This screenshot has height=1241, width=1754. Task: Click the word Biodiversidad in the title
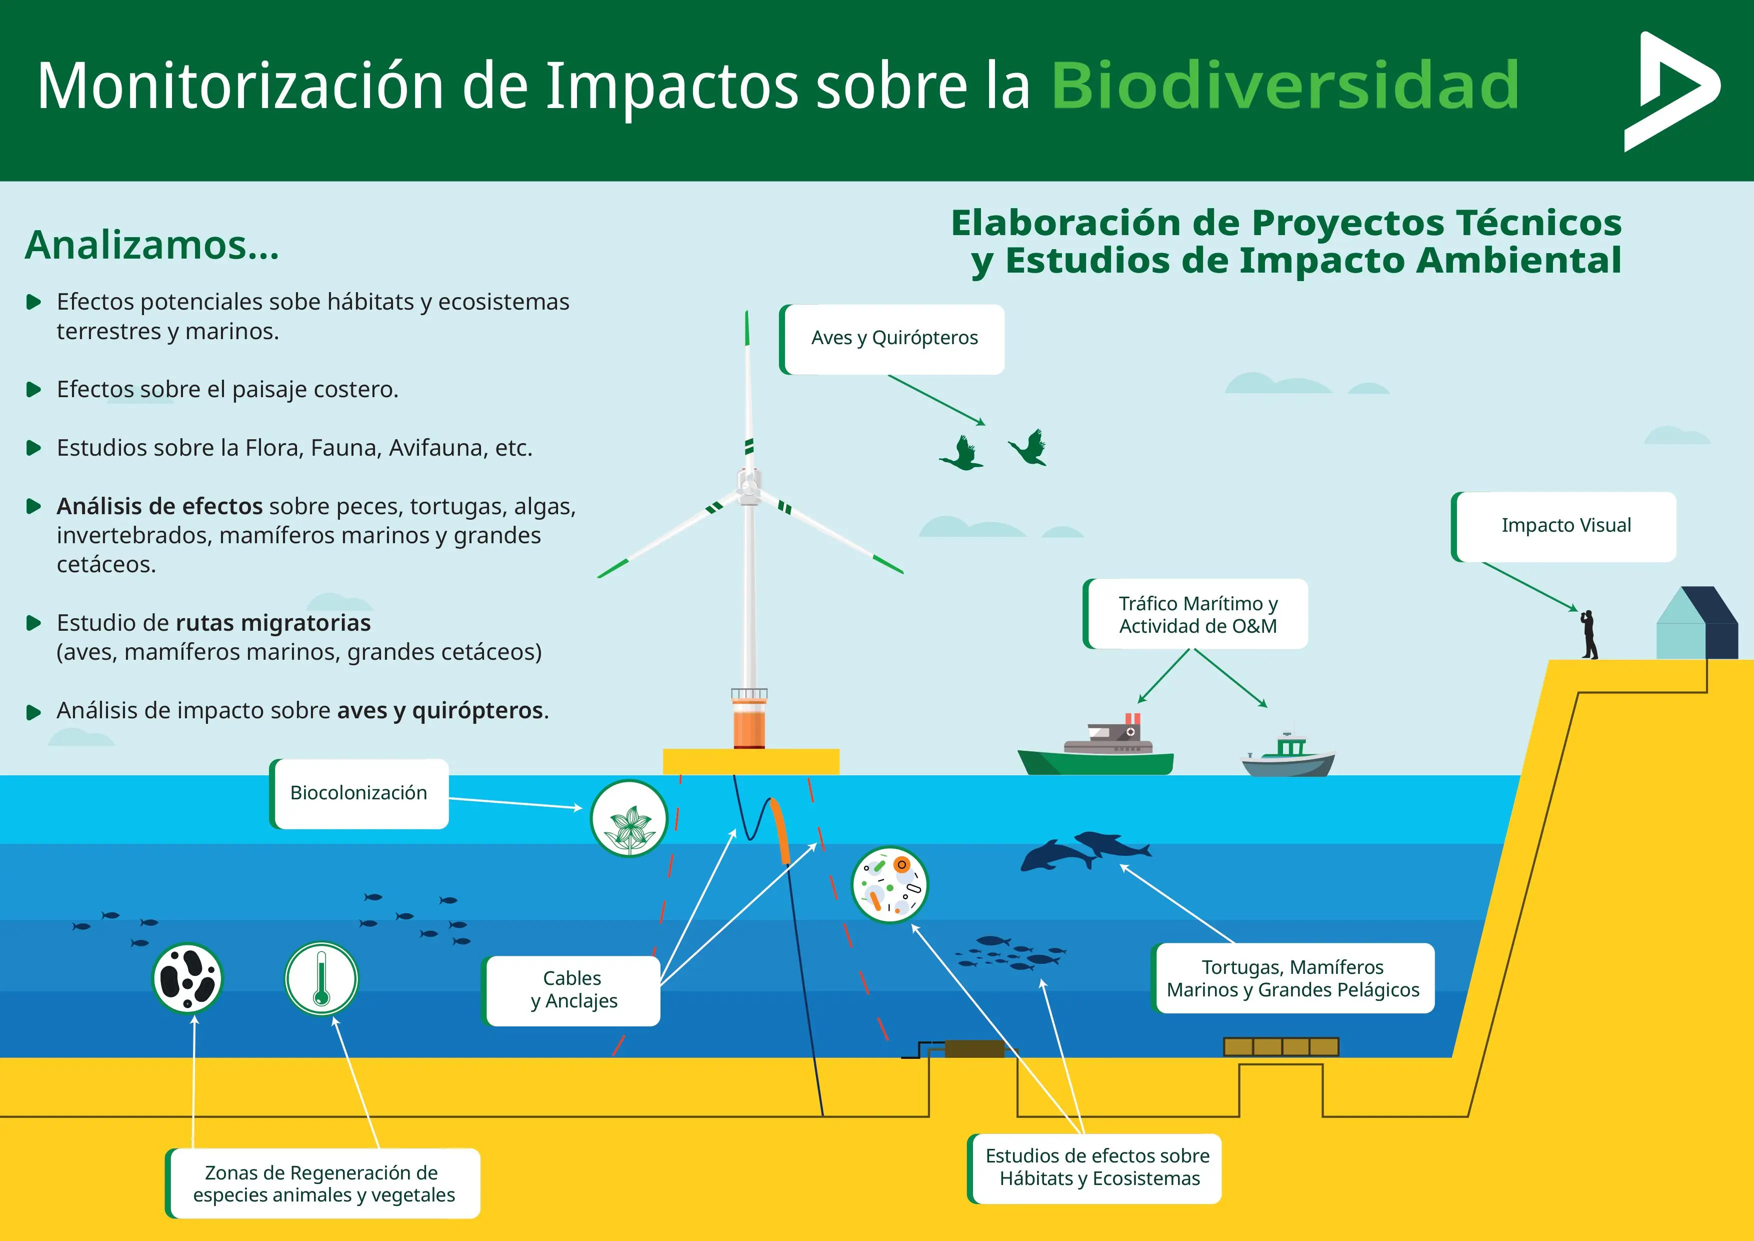1285,86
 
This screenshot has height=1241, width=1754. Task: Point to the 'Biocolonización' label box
359,793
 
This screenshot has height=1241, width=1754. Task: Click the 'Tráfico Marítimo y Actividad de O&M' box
1196,614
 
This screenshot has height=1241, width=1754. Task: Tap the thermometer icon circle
321,978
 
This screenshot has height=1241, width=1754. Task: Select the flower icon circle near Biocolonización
628,818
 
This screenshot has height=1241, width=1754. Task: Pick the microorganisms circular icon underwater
889,885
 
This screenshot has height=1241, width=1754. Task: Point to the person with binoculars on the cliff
1589,634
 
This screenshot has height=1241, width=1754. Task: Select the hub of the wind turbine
748,487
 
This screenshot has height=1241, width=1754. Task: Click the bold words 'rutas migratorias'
272,623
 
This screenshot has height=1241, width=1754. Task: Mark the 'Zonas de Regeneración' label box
323,1183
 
